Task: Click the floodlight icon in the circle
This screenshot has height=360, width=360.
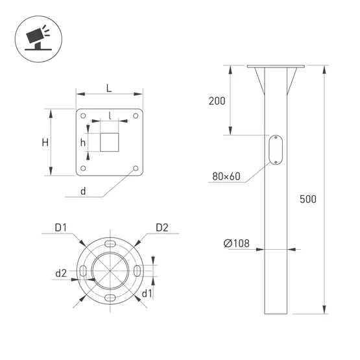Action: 38,38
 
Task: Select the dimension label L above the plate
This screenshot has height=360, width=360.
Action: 109,88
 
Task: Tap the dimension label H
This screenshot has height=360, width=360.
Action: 45,143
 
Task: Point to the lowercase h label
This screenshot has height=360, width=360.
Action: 83,143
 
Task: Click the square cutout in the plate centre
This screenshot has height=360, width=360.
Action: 109,142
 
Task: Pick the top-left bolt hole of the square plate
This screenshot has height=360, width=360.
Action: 83,115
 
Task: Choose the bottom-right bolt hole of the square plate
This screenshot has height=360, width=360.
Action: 136,168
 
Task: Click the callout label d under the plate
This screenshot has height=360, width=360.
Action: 83,191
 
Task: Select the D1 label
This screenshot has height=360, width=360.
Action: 60,228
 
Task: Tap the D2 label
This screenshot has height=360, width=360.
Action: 162,228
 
